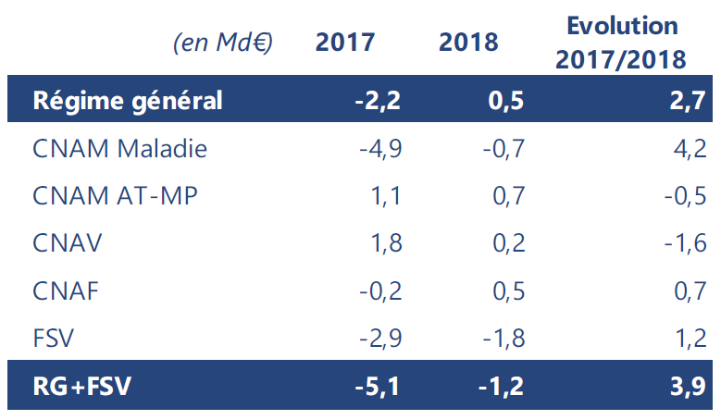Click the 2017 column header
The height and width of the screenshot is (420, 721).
pos(344,43)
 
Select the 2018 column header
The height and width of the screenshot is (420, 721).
pos(468,43)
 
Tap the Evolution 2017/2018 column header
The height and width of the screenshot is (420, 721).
pos(622,43)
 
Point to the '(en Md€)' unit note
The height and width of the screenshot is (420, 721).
pos(223,43)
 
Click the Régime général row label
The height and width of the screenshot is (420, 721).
pos(128,100)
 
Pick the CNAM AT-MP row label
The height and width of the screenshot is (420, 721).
pos(115,196)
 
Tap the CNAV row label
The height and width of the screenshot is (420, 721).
pos(67,244)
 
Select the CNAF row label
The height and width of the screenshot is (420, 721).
pos(66,291)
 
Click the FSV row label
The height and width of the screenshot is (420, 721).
pos(53,339)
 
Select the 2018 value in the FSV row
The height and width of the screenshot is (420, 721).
pos(503,339)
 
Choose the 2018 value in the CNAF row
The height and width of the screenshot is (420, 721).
pos(508,291)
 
